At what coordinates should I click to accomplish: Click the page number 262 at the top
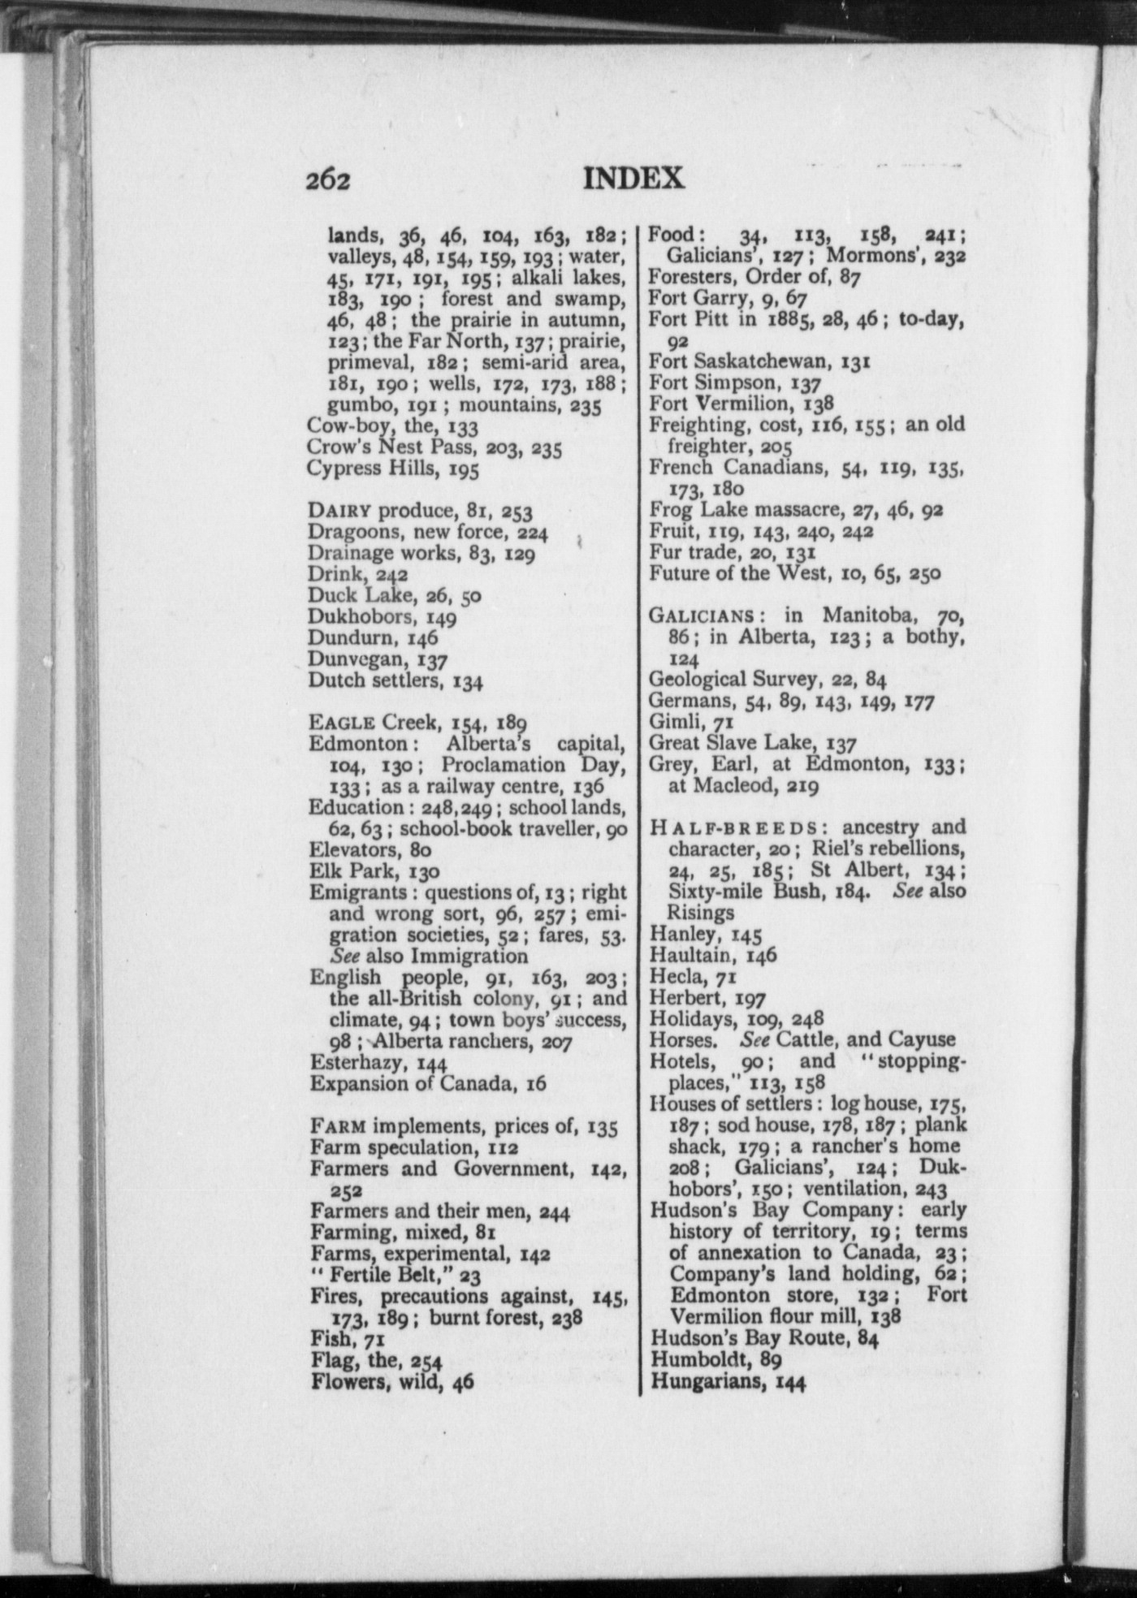click(x=328, y=179)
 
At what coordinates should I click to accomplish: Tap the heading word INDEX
click(x=633, y=178)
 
